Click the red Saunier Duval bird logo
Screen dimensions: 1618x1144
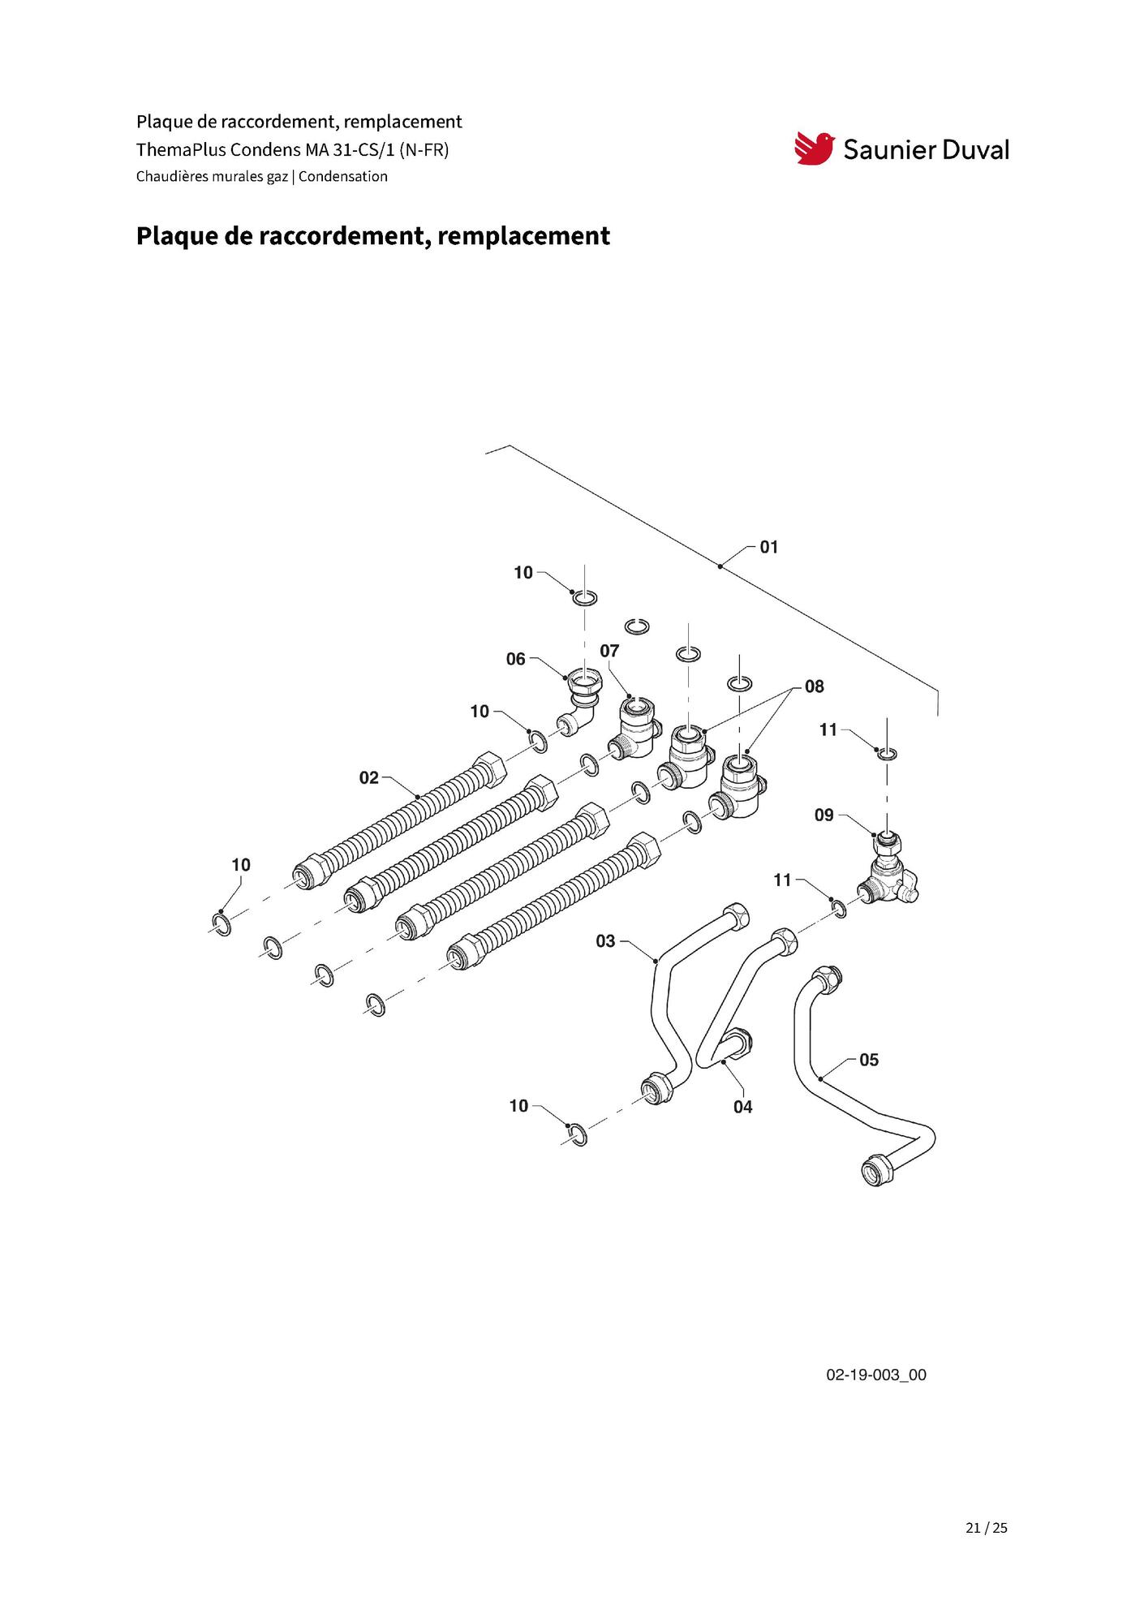click(x=814, y=148)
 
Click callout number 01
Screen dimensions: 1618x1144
click(x=768, y=547)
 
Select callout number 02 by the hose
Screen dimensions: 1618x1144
click(x=368, y=778)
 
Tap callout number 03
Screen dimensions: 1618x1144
click(x=605, y=941)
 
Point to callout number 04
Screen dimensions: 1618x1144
click(x=742, y=1107)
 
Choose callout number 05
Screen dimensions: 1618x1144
click(x=869, y=1060)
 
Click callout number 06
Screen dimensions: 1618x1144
click(x=515, y=659)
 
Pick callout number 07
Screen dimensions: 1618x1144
click(x=609, y=651)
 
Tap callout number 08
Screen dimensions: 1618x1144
click(x=814, y=686)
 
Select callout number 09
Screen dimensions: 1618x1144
click(x=824, y=815)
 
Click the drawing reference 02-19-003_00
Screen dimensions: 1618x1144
click(x=875, y=1375)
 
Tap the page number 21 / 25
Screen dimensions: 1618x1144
click(x=986, y=1527)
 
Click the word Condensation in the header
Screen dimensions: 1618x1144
click(x=342, y=176)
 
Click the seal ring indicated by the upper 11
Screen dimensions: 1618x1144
click(x=888, y=755)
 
